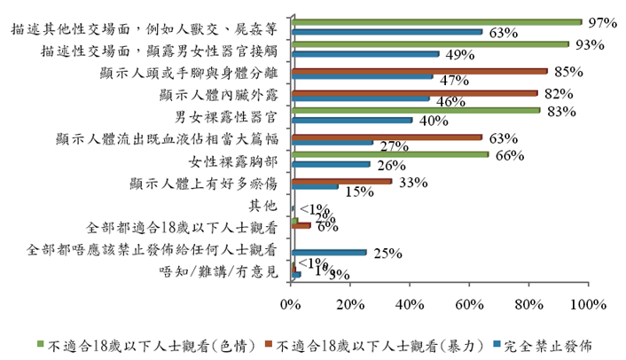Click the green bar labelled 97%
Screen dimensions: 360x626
[434, 22]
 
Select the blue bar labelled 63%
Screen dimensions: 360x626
[386, 32]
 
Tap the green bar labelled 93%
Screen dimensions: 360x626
[429, 43]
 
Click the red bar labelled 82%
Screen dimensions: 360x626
[413, 92]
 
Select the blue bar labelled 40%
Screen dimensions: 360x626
[351, 120]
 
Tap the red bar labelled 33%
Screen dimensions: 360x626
[340, 181]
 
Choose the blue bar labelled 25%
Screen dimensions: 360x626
[328, 252]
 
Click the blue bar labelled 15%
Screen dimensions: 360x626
[314, 186]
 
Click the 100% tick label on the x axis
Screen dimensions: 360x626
[588, 304]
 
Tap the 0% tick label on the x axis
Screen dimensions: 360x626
[291, 304]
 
